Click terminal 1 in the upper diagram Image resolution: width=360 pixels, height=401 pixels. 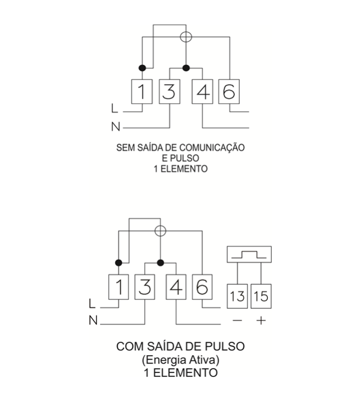142,92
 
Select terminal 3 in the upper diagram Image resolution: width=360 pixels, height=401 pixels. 169,92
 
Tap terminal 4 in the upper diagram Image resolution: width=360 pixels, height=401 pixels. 202,92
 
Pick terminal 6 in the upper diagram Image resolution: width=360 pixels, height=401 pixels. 229,92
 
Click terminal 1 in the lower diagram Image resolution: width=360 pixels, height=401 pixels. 119,287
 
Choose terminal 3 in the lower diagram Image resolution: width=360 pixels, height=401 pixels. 145,287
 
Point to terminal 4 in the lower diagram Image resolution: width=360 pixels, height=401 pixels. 176,287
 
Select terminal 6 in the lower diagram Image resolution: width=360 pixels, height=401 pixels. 202,287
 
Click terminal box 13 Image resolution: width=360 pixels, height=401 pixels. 238,296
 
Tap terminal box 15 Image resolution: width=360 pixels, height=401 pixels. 261,296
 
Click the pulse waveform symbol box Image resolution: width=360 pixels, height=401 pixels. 249,255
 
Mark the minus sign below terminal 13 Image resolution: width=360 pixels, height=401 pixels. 238,321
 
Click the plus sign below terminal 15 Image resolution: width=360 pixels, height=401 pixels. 261,321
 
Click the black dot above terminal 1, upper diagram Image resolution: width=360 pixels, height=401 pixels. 142,68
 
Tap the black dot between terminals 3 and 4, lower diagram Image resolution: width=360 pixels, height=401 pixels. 160,262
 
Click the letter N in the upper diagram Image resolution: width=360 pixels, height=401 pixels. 116,127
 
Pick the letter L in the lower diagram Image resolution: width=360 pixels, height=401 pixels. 92,304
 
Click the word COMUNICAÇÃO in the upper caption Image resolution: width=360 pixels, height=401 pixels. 212,147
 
